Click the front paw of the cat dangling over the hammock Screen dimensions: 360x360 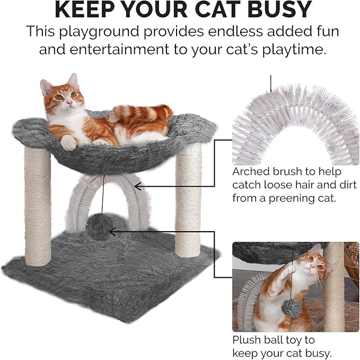(68, 143)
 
